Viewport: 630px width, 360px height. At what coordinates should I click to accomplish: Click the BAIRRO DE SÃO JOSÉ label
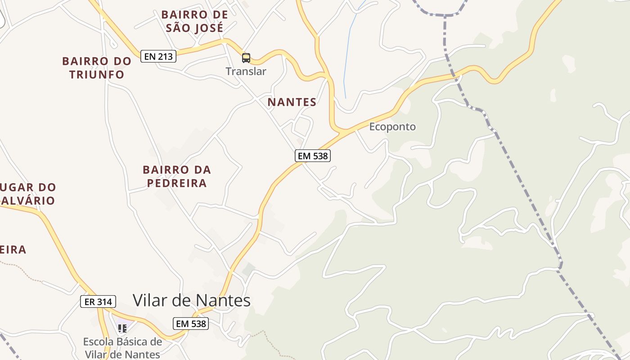[194, 21]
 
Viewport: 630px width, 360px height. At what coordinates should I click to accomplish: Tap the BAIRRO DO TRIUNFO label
[97, 67]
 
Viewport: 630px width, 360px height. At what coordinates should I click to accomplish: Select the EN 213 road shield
[158, 57]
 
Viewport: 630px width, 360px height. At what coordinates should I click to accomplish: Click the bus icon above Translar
[246, 58]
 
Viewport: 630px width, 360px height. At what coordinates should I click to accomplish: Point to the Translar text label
[246, 71]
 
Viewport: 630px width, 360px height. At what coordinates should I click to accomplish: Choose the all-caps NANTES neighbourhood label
[292, 102]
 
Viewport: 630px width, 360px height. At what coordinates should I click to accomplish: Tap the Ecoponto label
[392, 127]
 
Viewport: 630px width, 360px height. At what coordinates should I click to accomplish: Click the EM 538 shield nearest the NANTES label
[313, 156]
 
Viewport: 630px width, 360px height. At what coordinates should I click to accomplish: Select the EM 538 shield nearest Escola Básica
[191, 323]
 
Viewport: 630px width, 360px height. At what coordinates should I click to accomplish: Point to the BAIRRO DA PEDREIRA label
[176, 176]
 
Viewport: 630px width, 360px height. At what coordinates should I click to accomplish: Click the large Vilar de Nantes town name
[191, 300]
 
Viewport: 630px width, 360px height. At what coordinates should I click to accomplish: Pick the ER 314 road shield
[98, 301]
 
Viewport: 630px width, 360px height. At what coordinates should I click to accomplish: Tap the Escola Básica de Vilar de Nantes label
[122, 348]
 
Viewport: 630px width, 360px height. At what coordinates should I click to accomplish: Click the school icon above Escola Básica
[122, 328]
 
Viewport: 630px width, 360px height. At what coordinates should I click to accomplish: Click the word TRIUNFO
[97, 74]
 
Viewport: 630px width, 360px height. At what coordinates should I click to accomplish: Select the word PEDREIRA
[177, 183]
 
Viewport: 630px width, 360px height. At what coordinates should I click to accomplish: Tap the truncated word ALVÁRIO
[27, 200]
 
